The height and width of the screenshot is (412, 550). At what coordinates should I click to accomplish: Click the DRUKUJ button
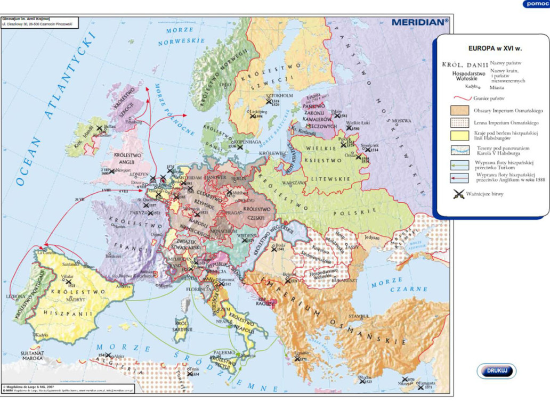tap(496, 371)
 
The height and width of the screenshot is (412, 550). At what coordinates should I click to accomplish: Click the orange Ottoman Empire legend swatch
tap(459, 110)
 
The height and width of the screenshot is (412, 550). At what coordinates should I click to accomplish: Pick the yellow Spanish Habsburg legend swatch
tap(459, 135)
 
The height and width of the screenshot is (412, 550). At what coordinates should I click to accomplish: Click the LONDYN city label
tap(139, 174)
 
